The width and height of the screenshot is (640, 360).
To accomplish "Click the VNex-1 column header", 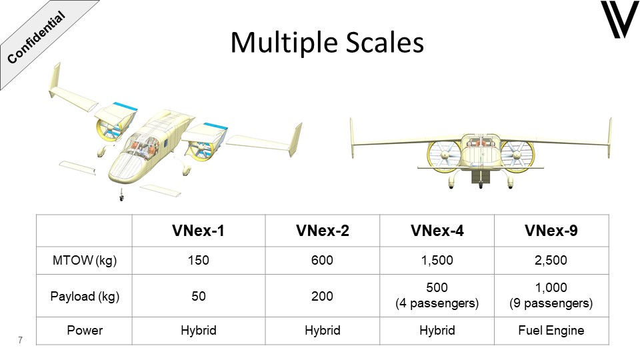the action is click(x=199, y=231).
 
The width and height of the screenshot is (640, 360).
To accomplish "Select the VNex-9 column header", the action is click(x=551, y=231).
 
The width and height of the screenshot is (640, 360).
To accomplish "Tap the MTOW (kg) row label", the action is click(x=85, y=261).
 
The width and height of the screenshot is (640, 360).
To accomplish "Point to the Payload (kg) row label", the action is click(x=85, y=296).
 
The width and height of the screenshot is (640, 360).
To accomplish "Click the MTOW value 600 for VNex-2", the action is click(x=322, y=261).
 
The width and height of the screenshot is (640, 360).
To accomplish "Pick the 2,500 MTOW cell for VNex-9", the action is click(x=551, y=261).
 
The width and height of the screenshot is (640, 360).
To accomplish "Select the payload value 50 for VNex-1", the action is click(x=199, y=296).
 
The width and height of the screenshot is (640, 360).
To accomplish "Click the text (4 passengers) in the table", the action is click(x=437, y=303).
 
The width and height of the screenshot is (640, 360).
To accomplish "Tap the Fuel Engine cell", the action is click(x=551, y=330).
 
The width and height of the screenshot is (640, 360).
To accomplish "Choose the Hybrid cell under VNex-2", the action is click(x=323, y=330).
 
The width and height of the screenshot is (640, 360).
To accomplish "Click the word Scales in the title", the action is click(x=385, y=43).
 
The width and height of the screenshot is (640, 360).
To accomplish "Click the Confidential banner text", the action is click(x=36, y=37).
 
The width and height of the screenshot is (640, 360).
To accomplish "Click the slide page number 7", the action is click(x=20, y=340).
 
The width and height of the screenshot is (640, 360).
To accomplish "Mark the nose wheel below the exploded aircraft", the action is click(x=121, y=196).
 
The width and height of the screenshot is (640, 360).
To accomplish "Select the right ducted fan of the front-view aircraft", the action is click(x=516, y=155).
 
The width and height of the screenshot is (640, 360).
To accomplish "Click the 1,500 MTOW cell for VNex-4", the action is click(x=437, y=261).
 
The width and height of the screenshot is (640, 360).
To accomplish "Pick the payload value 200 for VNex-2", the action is click(x=322, y=296).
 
